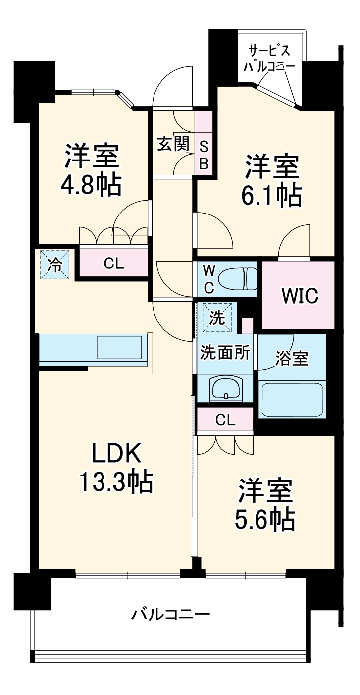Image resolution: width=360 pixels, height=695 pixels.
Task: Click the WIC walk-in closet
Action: point(300,296)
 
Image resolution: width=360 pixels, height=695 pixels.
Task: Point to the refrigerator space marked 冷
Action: point(55,266)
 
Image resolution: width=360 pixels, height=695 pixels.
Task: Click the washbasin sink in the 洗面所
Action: point(226,388)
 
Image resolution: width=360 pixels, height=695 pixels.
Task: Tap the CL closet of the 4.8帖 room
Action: point(113,264)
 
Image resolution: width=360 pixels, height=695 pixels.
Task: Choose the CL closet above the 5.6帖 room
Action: point(225,421)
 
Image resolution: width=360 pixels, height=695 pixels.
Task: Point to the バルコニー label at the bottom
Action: point(171,615)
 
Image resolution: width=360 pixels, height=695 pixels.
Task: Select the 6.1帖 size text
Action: point(271,196)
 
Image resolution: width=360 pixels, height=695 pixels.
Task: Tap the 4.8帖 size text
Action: point(91,185)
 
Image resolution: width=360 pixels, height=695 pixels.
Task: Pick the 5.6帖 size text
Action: point(265,519)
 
